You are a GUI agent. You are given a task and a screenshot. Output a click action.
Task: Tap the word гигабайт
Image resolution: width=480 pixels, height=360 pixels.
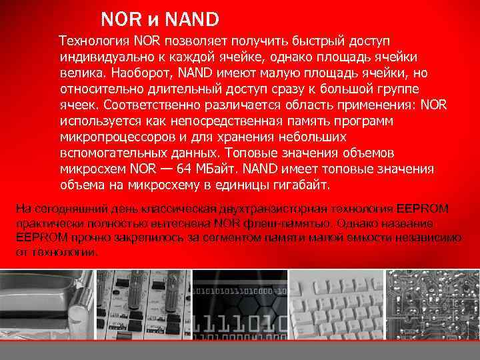(x=292, y=185)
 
